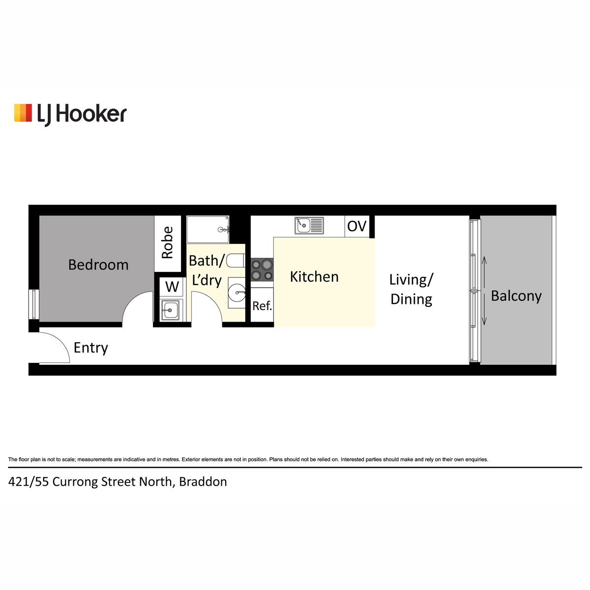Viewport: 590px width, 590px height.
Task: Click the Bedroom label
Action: pyautogui.click(x=98, y=265)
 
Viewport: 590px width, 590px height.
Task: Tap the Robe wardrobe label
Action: pyautogui.click(x=168, y=242)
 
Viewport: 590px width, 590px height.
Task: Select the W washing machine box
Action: pyautogui.click(x=172, y=287)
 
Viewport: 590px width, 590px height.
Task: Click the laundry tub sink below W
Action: pyautogui.click(x=171, y=310)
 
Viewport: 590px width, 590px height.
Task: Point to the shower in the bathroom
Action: pyautogui.click(x=208, y=230)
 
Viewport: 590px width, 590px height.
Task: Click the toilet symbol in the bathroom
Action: pyautogui.click(x=236, y=261)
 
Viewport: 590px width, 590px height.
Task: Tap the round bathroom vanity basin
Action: pyautogui.click(x=236, y=293)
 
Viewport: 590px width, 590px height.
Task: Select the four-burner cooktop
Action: pyautogui.click(x=262, y=270)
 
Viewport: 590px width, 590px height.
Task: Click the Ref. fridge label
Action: pyautogui.click(x=262, y=305)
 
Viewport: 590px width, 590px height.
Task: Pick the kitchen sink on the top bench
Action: pyautogui.click(x=309, y=226)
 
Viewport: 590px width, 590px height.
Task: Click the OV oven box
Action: pyautogui.click(x=356, y=226)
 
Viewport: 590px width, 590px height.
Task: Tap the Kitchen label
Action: pyautogui.click(x=314, y=277)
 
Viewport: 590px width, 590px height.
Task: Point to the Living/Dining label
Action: pyautogui.click(x=411, y=289)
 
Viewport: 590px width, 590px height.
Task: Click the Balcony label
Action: pyautogui.click(x=516, y=296)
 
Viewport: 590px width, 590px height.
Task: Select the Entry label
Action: pyautogui.click(x=90, y=348)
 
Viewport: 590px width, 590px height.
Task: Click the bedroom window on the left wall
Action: pyautogui.click(x=34, y=304)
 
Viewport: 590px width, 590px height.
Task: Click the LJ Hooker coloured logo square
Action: pyautogui.click(x=23, y=113)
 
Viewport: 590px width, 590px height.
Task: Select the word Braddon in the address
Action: pyautogui.click(x=203, y=482)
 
